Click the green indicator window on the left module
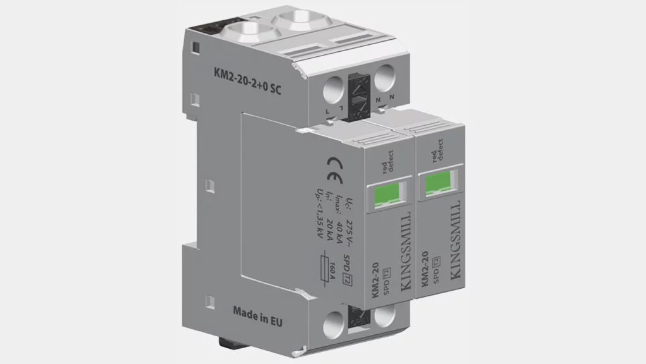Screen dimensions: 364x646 pos(387,191)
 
